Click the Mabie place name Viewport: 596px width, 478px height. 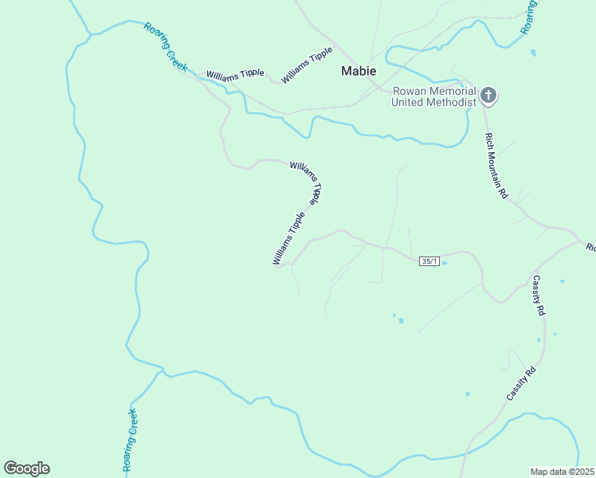click(359, 71)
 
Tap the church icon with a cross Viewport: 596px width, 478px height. click(488, 96)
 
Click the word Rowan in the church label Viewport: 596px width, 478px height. click(408, 91)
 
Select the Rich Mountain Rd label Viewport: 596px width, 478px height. click(496, 166)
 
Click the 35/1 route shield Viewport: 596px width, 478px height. click(429, 261)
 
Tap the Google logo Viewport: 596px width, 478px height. click(26, 468)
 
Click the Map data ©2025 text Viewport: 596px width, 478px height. click(563, 472)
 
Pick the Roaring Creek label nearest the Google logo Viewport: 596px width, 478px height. click(130, 440)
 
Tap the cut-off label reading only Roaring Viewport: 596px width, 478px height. click(529, 16)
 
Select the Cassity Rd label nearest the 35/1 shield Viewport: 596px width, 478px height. click(538, 296)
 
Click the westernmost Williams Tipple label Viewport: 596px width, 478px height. click(235, 74)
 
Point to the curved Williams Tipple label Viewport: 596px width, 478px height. click(307, 182)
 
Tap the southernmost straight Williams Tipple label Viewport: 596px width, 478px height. click(288, 238)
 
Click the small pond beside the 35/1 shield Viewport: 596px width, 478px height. click(445, 262)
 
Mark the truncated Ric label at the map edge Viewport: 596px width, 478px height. click(590, 248)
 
